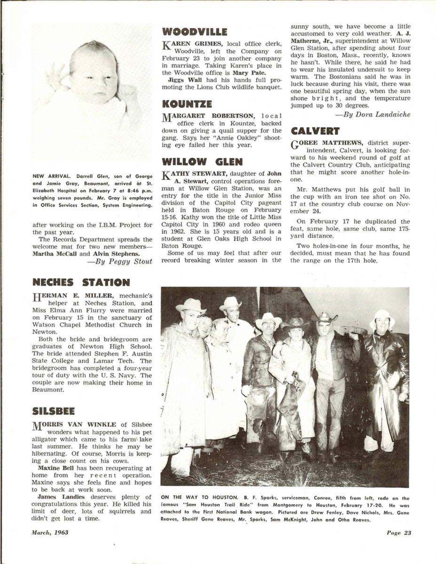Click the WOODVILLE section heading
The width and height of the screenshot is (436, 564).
coord(194,32)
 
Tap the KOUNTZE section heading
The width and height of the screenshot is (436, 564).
coord(187,104)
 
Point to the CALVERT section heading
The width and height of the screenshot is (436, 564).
coord(315,131)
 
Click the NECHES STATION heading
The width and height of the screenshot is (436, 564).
coord(81,282)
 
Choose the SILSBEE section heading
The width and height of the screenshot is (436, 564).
coord(54,411)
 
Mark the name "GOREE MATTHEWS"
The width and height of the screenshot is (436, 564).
coord(326,143)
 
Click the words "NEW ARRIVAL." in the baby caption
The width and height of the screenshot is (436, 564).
coord(48,177)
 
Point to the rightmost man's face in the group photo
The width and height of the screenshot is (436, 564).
coord(381,324)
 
